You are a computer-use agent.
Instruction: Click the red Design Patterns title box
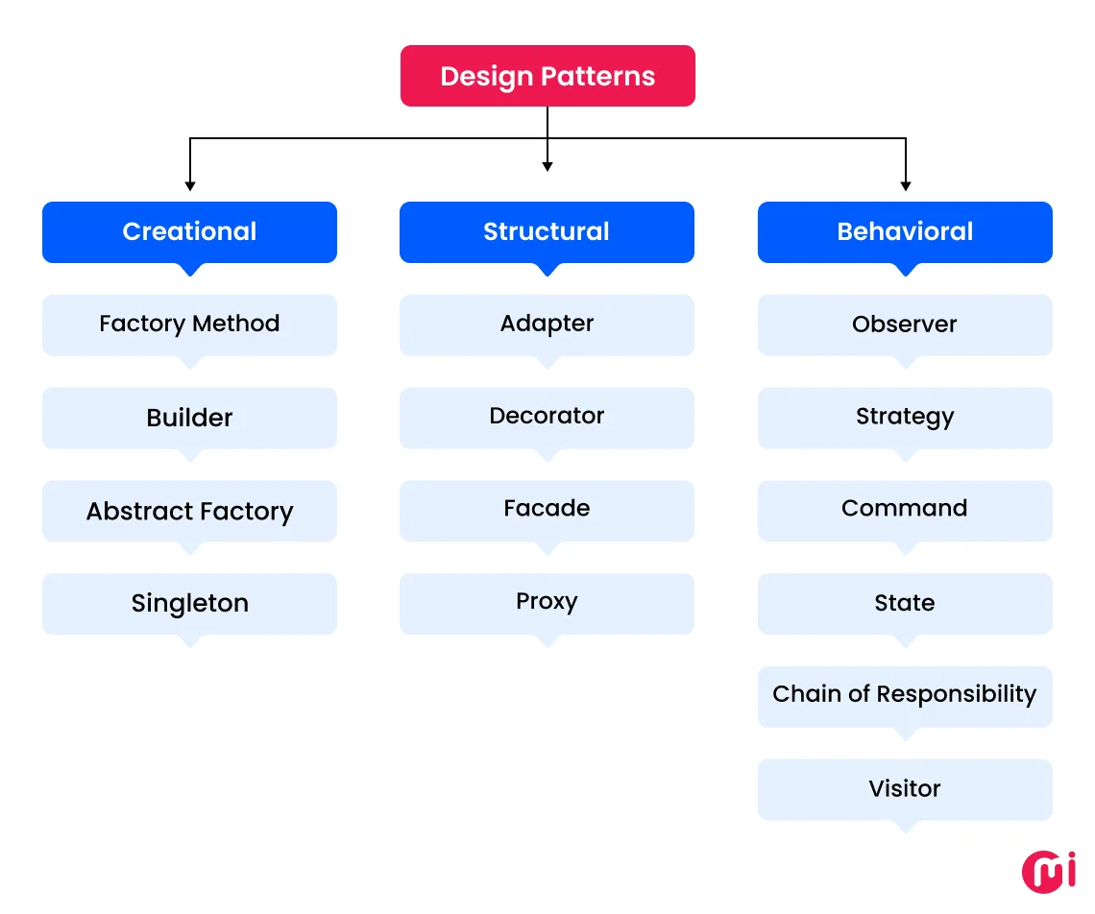tap(547, 76)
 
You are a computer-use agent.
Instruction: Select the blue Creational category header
tap(189, 231)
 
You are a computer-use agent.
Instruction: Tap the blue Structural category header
tap(547, 231)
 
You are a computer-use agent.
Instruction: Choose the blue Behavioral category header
tap(905, 231)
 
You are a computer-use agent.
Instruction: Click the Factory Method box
tap(189, 325)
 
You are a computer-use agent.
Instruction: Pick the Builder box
tap(189, 418)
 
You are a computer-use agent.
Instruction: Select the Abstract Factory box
tap(189, 511)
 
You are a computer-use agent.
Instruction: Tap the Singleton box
tap(189, 604)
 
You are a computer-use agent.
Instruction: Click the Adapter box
tap(547, 325)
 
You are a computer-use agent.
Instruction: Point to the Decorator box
tap(547, 417)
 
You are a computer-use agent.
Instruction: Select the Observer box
tap(905, 325)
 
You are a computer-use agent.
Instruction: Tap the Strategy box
tap(905, 418)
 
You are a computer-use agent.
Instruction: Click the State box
tap(905, 604)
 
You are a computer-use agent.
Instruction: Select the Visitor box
tap(905, 789)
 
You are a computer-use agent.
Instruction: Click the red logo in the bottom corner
tap(1049, 870)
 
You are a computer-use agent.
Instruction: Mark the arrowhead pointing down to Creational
tap(190, 184)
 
